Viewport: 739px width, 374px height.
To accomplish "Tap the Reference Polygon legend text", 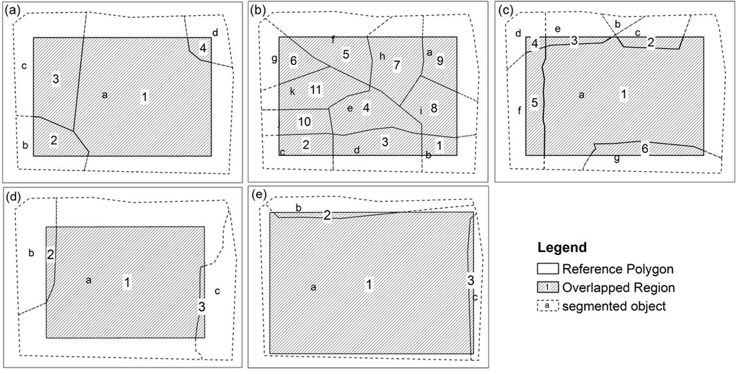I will coord(618,269).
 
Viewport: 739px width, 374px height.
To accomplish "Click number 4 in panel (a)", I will coord(203,48).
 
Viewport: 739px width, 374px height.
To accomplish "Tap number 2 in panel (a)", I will coord(54,140).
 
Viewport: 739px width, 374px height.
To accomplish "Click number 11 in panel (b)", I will coord(315,90).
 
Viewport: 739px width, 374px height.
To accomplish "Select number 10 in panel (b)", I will coord(304,121).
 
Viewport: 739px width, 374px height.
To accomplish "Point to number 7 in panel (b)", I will coord(396,65).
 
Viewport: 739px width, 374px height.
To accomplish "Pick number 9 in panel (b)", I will coord(440,61).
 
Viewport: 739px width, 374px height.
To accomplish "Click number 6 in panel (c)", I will coord(644,148).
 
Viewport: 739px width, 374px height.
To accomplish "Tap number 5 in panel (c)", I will coord(535,103).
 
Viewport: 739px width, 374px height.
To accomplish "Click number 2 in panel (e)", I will coord(327,215).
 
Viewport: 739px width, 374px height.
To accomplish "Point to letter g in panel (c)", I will coord(616,157).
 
